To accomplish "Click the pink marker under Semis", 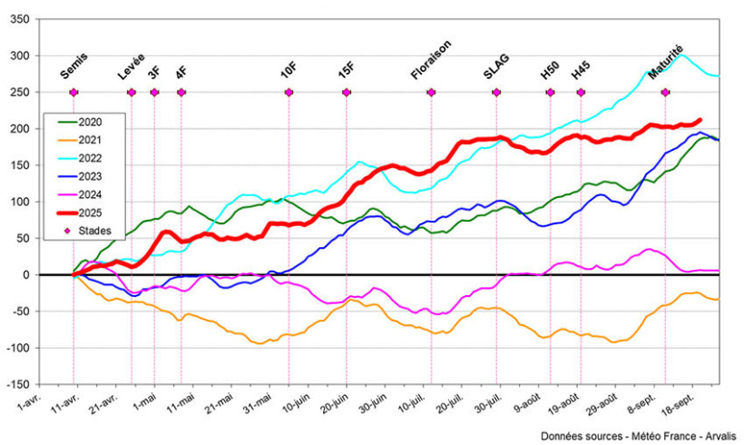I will (x=73, y=93).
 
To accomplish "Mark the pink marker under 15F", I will (x=346, y=93).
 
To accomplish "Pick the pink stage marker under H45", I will (x=581, y=93).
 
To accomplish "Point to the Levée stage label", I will (x=132, y=66).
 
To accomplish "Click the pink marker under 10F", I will (x=289, y=93).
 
